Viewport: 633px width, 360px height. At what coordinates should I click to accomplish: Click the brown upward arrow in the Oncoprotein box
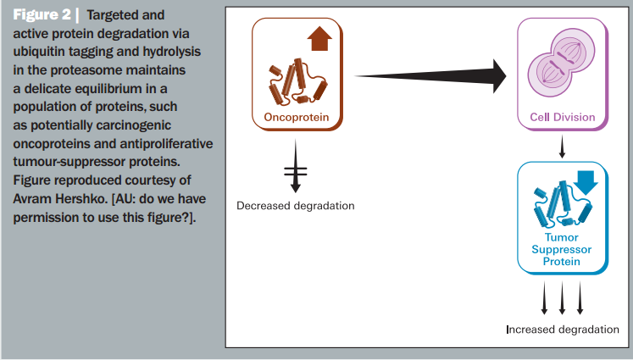[319, 38]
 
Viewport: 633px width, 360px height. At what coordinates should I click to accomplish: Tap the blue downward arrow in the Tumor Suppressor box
[586, 182]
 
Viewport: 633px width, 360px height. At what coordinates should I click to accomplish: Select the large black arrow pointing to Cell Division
[430, 76]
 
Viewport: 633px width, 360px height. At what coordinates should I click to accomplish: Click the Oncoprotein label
[297, 118]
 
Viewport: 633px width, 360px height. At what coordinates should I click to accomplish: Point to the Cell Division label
[563, 117]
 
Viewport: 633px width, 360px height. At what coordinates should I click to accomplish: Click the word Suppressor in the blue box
[562, 249]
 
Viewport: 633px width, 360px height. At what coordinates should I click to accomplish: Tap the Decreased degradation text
[296, 206]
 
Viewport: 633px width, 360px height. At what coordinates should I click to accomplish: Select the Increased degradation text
[563, 330]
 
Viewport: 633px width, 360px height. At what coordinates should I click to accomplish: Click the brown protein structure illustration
[297, 83]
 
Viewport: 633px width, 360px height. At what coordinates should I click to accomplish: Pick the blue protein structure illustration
[563, 204]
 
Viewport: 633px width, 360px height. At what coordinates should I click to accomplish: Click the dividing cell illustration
[561, 64]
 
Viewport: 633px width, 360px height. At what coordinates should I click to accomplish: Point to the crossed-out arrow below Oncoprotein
[296, 166]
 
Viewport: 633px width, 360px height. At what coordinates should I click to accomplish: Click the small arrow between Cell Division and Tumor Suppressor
[562, 147]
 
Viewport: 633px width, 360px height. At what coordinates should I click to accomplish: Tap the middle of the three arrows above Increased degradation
[562, 298]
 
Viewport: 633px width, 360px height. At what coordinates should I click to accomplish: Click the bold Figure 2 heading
[42, 15]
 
